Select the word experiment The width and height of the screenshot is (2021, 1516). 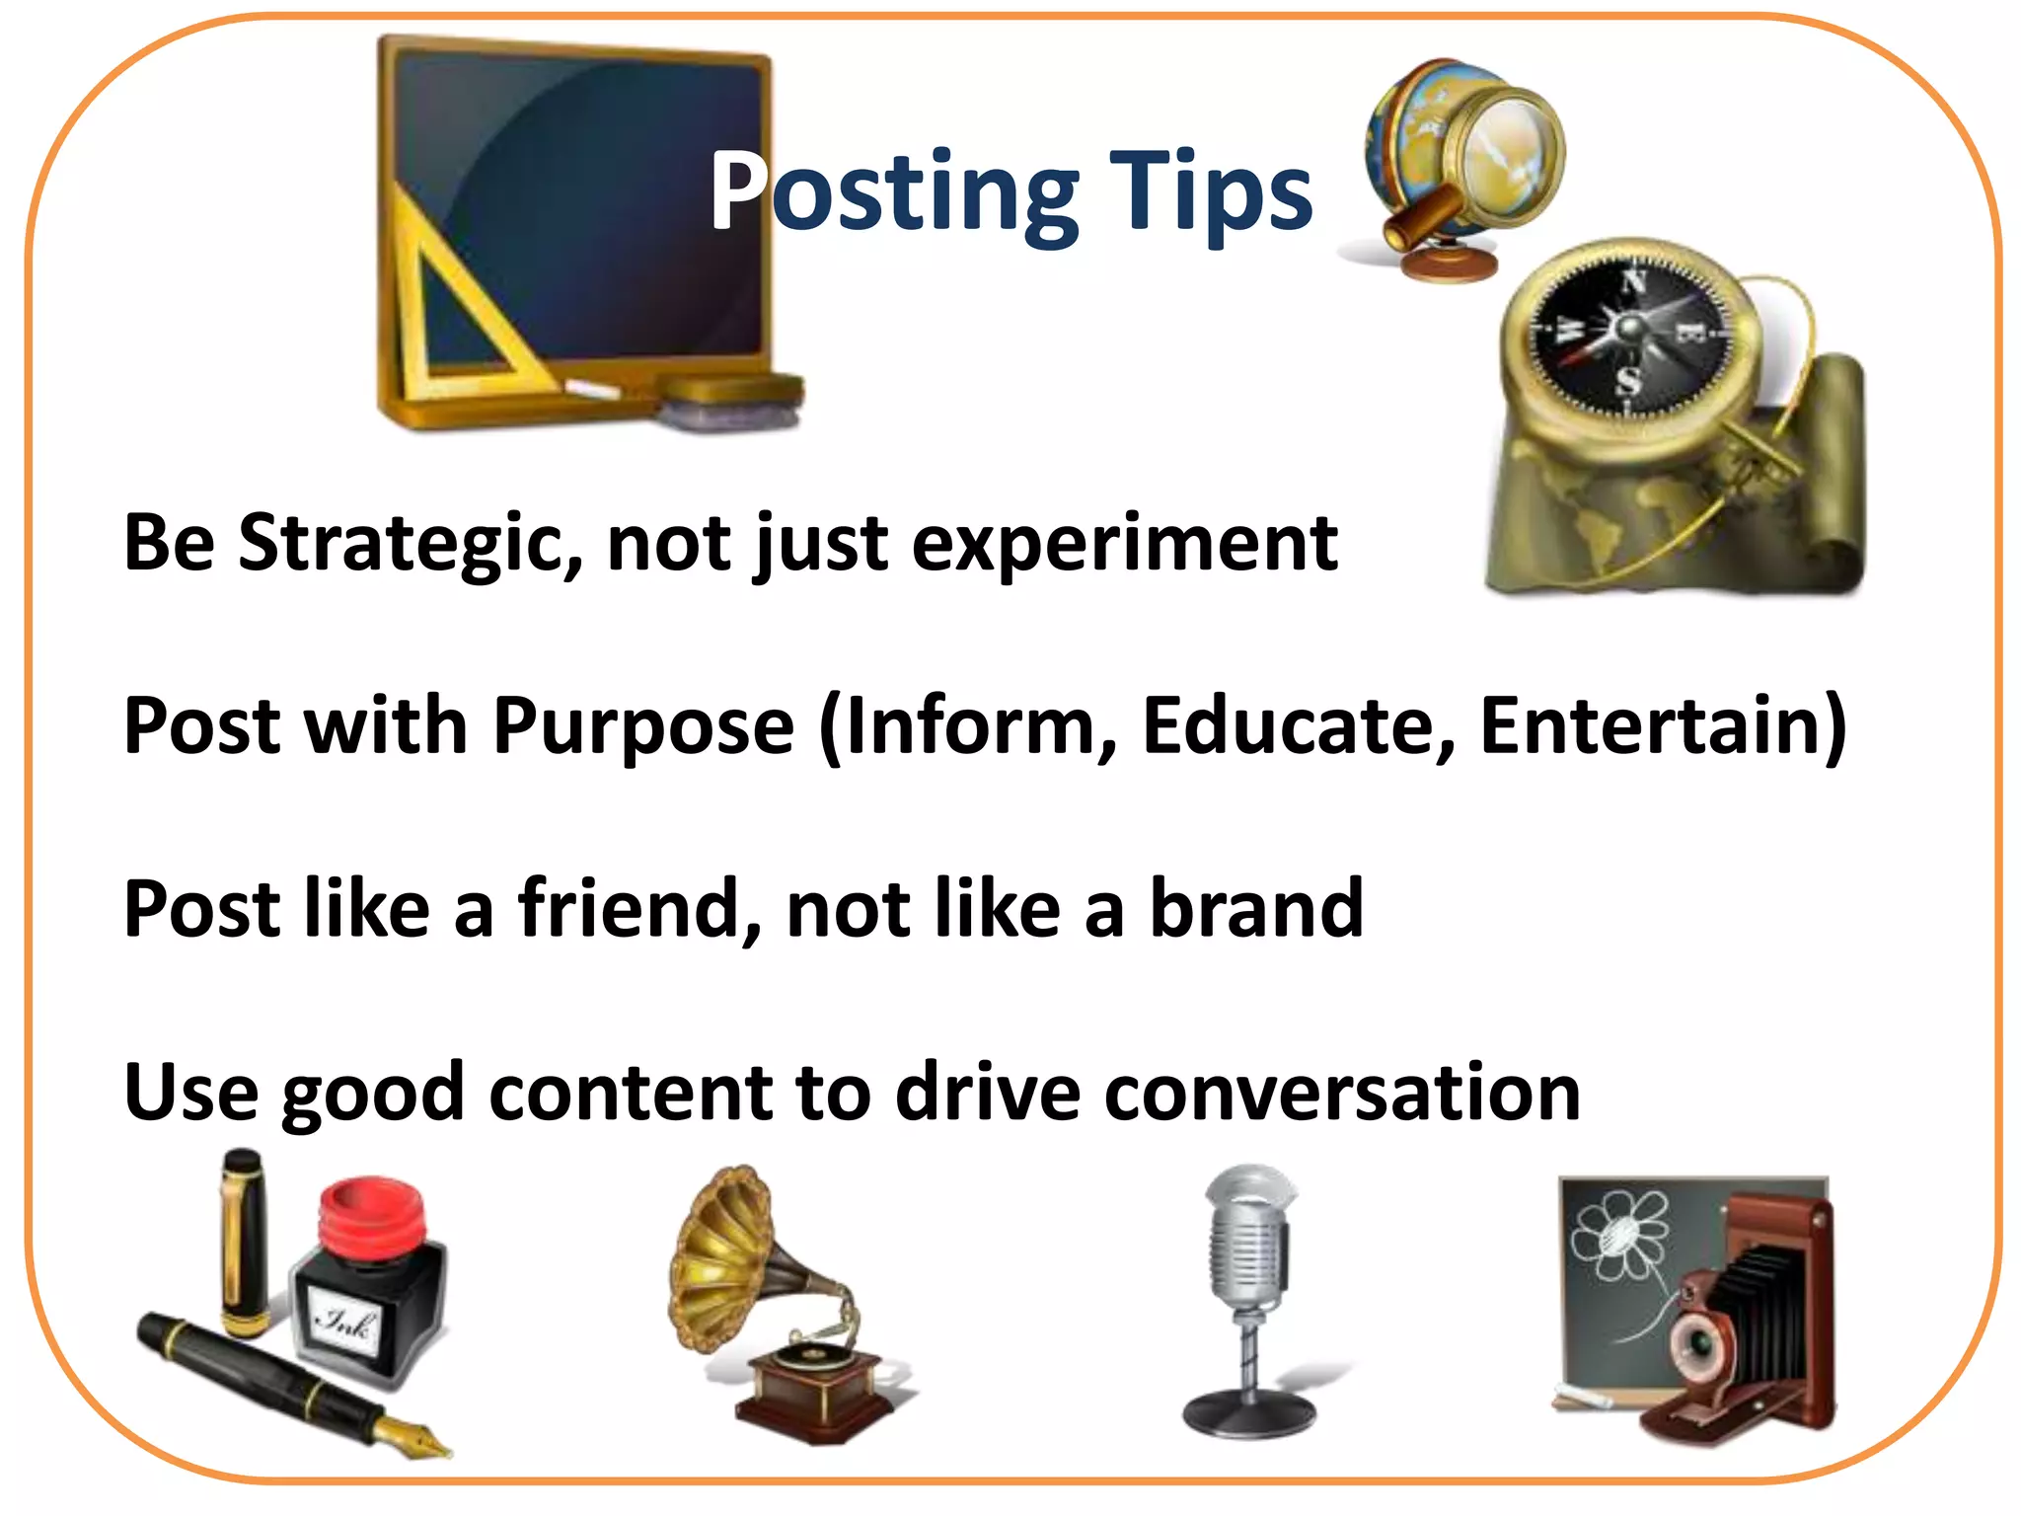1125,544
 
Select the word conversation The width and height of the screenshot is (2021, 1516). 1342,1093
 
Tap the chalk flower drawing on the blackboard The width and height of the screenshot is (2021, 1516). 1618,1234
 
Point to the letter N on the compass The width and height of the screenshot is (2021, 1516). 1635,284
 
